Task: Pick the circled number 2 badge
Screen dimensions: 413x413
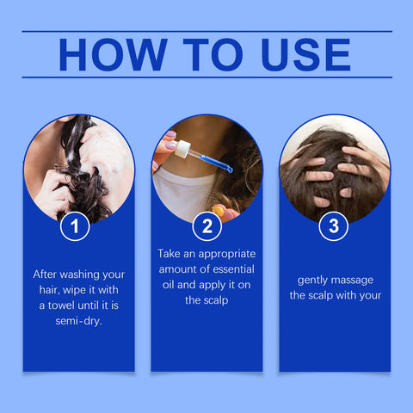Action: pos(206,227)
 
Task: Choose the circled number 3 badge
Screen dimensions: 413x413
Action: pos(334,227)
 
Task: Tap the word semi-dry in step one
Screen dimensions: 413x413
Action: pos(78,322)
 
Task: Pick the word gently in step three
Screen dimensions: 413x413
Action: pos(316,280)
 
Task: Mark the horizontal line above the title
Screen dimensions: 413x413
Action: pos(206,32)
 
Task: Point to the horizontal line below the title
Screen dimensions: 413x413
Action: pos(206,77)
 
